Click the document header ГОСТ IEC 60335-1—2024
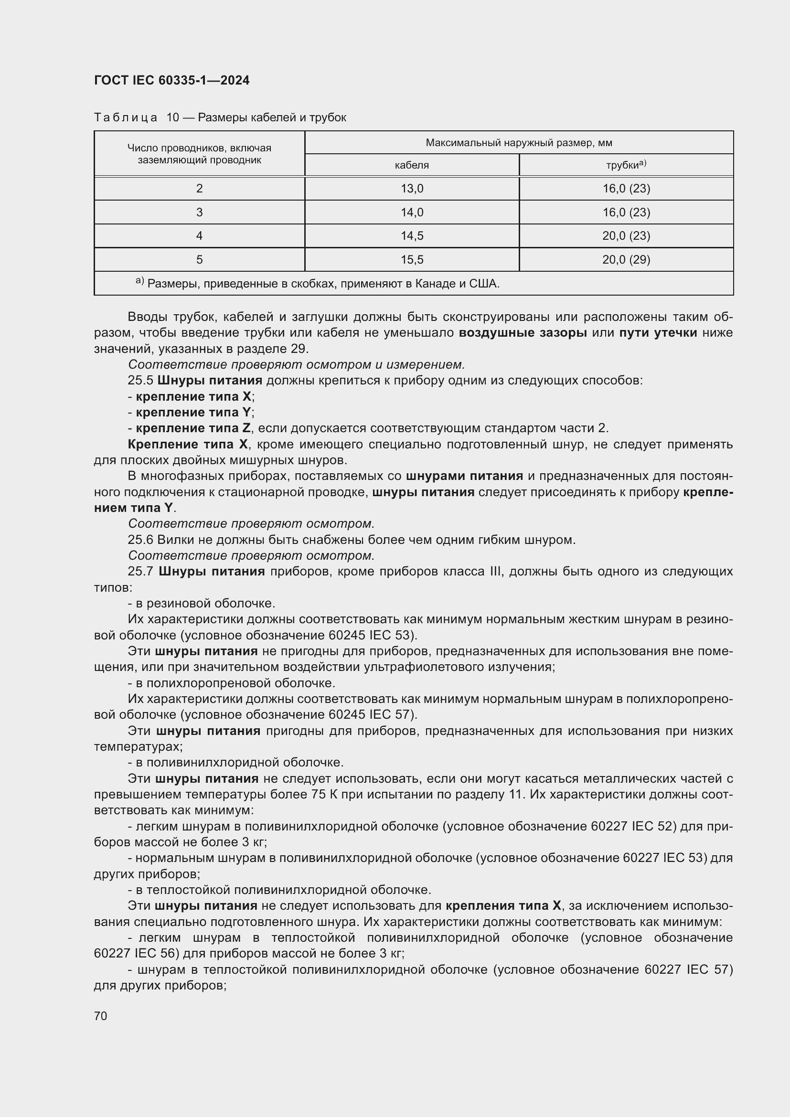coord(172,81)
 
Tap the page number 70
coord(101,1016)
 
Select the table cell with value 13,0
coord(412,189)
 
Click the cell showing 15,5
coord(412,260)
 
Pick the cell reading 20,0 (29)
coord(626,260)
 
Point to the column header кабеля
coord(412,165)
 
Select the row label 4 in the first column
coord(200,236)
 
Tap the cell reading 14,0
coord(412,213)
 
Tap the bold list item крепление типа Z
coord(193,428)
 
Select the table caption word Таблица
coord(126,118)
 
